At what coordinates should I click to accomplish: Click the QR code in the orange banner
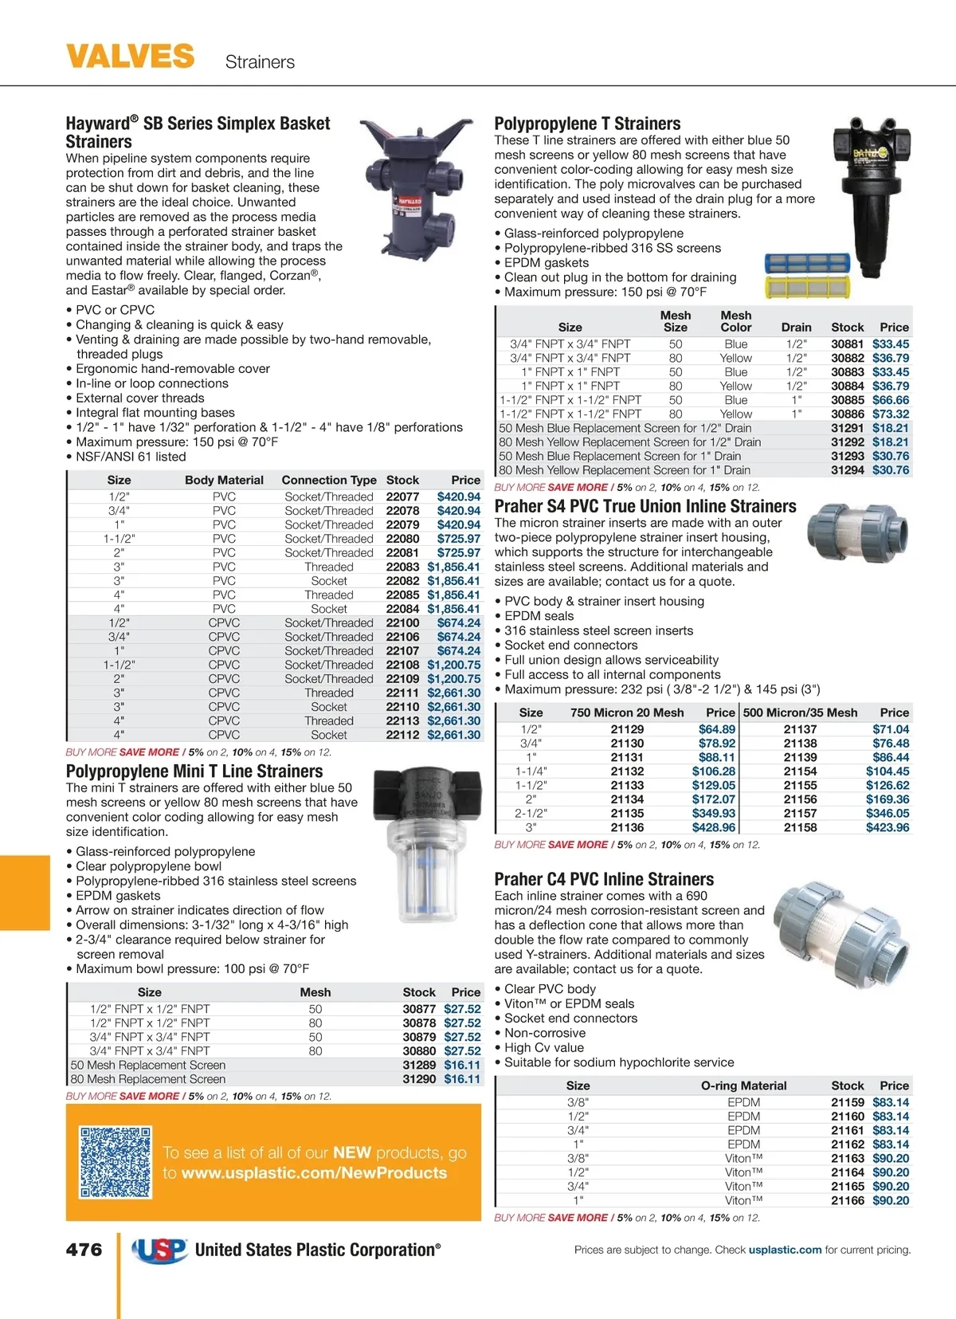[116, 1162]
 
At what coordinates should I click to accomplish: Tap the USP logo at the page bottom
[160, 1250]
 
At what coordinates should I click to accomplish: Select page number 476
[84, 1250]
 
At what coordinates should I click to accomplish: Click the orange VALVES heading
[130, 57]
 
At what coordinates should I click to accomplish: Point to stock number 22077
[402, 497]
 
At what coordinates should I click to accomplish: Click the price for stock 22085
[453, 595]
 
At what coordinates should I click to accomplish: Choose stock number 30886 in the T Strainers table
[847, 414]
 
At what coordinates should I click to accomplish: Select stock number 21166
[847, 1200]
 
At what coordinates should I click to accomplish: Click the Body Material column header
[224, 480]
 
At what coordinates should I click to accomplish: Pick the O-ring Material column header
[743, 1085]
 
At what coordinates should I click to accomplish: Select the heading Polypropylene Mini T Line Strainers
[194, 771]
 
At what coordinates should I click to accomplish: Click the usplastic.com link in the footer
[785, 1250]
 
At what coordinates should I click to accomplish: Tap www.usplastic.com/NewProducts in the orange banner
[314, 1173]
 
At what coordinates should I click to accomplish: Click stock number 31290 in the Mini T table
[419, 1079]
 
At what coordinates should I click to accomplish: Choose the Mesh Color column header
[735, 321]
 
